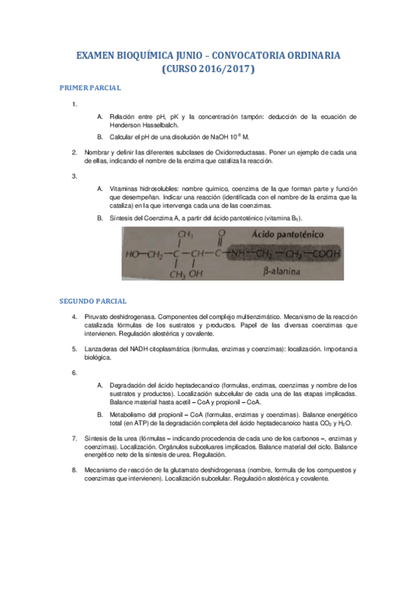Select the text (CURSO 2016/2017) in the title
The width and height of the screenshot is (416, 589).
tap(208, 70)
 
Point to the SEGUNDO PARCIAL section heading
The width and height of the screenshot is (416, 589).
tap(92, 301)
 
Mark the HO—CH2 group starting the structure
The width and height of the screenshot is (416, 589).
tap(143, 254)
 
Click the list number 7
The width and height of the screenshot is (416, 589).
tap(74, 439)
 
